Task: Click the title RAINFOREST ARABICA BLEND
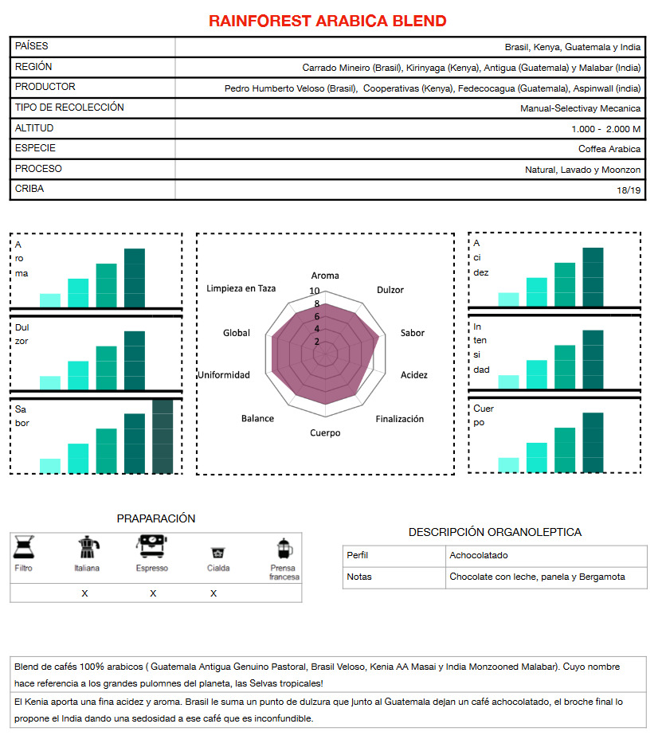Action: [x=327, y=21]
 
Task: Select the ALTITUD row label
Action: [x=34, y=128]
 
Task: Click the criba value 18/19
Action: [x=628, y=190]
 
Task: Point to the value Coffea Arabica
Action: [x=609, y=149]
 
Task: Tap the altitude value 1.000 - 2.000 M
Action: [x=605, y=128]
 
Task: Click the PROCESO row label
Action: [x=38, y=169]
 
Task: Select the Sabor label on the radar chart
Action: [x=413, y=333]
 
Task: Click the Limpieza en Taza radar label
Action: [x=241, y=288]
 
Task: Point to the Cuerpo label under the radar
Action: [x=325, y=433]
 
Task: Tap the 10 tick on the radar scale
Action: [x=315, y=291]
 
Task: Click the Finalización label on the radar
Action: [x=400, y=419]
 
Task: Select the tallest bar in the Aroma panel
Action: [x=135, y=278]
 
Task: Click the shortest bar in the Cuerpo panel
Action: [x=508, y=464]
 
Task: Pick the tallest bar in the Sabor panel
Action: [x=163, y=436]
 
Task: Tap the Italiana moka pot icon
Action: [x=87, y=548]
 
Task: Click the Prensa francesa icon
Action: [x=283, y=548]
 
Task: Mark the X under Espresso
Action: [x=153, y=593]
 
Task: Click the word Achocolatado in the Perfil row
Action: [x=478, y=555]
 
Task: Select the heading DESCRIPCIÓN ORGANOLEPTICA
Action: [x=495, y=532]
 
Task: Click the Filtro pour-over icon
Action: [x=24, y=547]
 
